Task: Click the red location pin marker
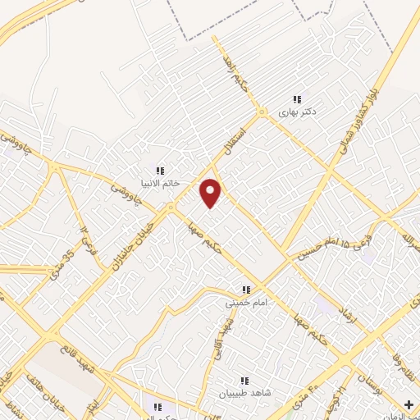212,192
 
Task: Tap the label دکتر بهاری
297,109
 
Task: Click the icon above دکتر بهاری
297,98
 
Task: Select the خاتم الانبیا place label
161,183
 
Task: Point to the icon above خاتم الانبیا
161,171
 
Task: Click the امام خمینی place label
245,302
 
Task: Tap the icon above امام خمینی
245,290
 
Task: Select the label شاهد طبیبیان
244,392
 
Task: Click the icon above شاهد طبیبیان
244,381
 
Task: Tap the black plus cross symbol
409,405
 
